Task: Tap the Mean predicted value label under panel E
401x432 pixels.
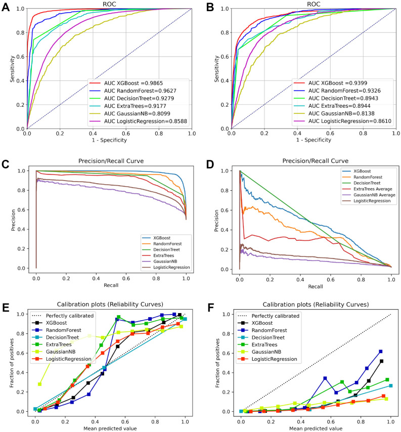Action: pos(109,428)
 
